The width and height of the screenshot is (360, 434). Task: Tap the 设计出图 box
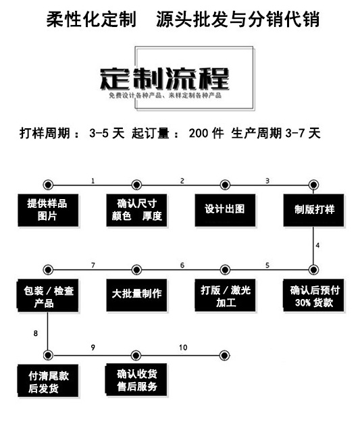[225, 209]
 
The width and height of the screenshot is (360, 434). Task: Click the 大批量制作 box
[136, 294]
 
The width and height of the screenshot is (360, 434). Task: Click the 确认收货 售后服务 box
[136, 381]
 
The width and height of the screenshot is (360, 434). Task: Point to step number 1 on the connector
[93, 180]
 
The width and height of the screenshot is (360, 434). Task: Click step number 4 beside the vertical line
[317, 244]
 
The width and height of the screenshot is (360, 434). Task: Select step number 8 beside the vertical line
[35, 333]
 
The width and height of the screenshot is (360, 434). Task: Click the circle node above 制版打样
[313, 184]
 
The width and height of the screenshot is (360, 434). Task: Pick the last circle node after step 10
[225, 354]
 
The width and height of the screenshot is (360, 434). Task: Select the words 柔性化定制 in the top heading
[91, 18]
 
